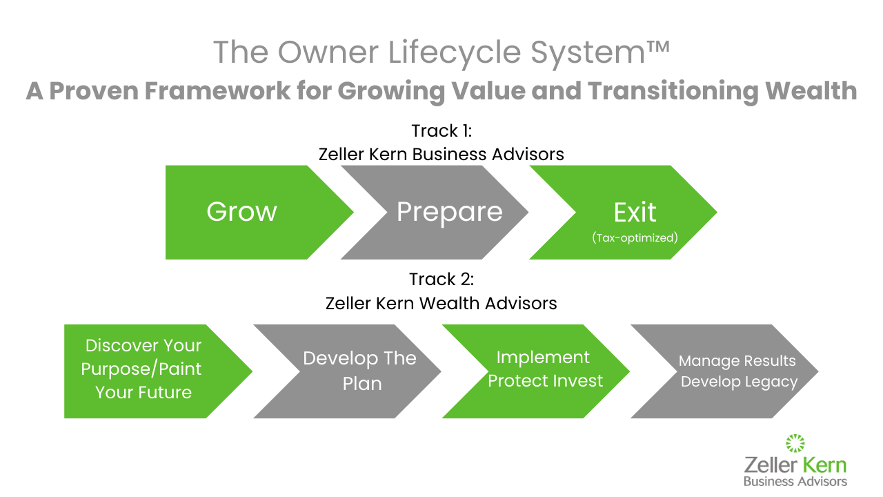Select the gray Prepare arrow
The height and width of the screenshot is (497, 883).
(441, 212)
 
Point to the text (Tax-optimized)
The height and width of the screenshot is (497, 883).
(635, 237)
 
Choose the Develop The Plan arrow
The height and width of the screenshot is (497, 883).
(352, 371)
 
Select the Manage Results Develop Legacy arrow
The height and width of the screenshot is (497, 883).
(731, 371)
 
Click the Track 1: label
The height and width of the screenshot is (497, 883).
(441, 130)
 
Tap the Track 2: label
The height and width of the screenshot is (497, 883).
(441, 279)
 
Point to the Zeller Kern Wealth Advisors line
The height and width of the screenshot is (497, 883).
(441, 302)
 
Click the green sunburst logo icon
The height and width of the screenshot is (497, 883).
(795, 443)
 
